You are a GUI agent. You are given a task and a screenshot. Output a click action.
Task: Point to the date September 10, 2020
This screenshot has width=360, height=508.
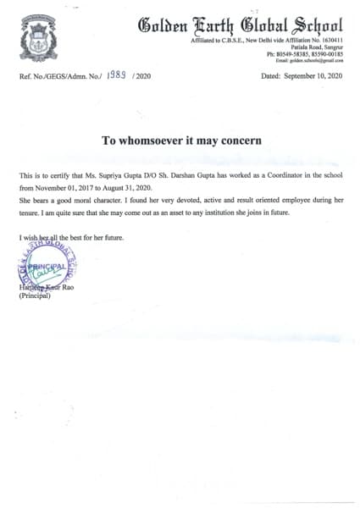[x=313, y=76]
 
